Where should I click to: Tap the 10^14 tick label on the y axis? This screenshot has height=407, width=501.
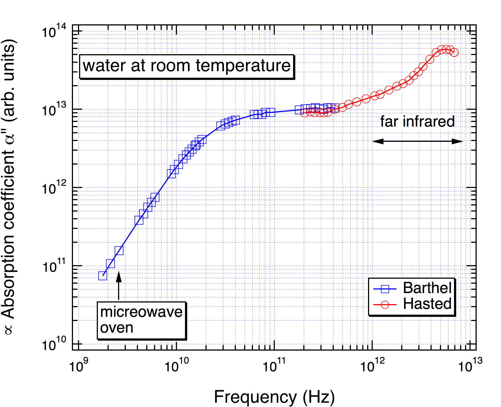tap(54, 32)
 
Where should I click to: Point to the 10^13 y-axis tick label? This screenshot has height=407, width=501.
tap(54, 110)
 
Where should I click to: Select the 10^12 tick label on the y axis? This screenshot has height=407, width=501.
tap(54, 188)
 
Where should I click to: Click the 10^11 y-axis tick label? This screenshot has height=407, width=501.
tap(54, 267)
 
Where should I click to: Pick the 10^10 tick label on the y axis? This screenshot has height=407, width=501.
tap(54, 345)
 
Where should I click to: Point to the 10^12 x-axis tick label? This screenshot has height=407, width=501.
tap(372, 366)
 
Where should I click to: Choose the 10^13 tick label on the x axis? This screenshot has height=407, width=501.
tap(470, 366)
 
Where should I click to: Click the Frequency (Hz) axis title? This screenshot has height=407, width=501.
tap(274, 397)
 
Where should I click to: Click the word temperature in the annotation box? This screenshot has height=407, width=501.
tap(243, 66)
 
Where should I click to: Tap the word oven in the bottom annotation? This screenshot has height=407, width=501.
tap(117, 328)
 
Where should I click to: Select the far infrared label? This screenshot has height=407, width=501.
tap(417, 122)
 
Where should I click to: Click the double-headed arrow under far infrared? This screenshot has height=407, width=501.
tap(417, 141)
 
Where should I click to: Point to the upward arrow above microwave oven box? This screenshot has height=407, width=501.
tap(119, 285)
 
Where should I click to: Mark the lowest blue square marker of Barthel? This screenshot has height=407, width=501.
tap(103, 276)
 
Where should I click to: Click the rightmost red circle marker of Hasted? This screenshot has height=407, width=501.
tap(454, 52)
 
